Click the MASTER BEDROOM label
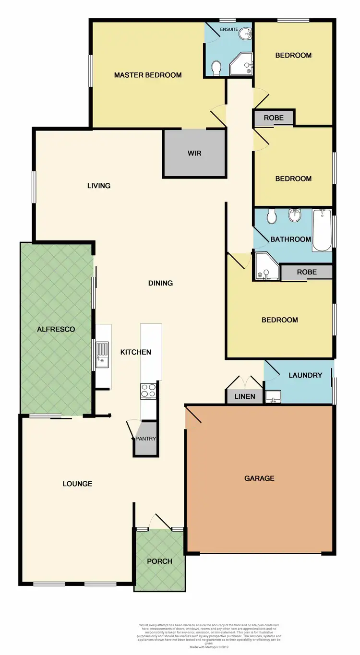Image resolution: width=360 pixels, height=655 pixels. (148, 75)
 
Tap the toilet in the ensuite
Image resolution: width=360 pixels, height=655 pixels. (216, 68)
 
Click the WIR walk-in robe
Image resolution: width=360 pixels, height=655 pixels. (194, 154)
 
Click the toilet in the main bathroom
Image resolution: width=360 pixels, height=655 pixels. (272, 216)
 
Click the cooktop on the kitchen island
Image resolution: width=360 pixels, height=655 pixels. (148, 391)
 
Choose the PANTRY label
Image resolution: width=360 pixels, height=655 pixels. (145, 439)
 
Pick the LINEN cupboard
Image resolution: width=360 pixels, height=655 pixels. (244, 396)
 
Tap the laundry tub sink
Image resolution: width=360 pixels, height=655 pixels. (273, 396)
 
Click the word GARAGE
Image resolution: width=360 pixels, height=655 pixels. (260, 478)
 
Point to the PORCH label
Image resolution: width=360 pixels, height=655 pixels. (159, 561)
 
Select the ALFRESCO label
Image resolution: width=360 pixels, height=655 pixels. (57, 329)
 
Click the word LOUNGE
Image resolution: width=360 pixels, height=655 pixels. (77, 484)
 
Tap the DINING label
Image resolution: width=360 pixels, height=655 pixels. (160, 283)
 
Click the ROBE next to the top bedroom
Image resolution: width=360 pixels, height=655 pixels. (273, 118)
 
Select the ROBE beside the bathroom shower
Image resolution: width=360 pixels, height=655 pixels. (307, 272)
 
